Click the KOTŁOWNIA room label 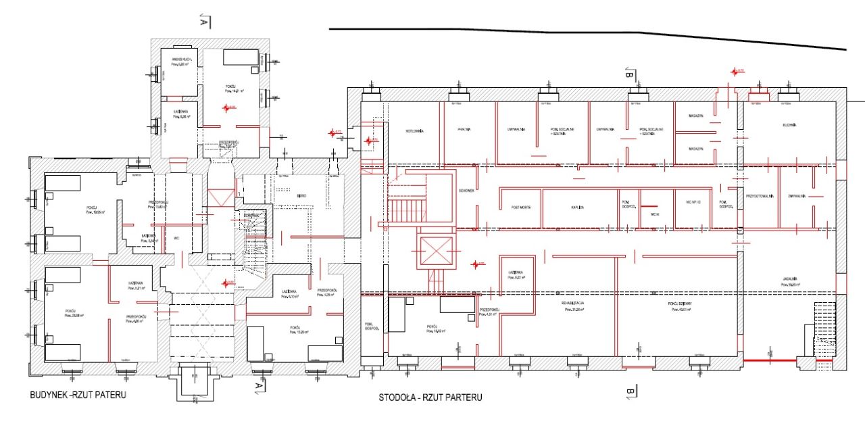click(414, 130)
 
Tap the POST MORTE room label click(521, 208)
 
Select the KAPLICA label click(576, 208)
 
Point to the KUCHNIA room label click(789, 125)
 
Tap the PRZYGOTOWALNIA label click(759, 196)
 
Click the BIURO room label click(301, 196)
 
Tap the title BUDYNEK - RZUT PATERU click(78, 394)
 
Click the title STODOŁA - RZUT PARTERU click(430, 397)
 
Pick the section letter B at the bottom click(629, 392)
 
